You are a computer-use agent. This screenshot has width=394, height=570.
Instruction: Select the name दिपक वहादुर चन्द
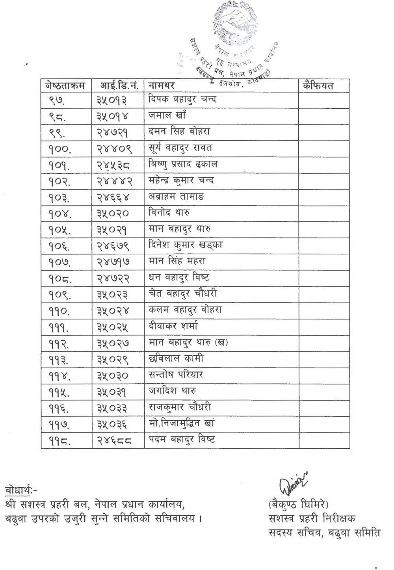click(182, 99)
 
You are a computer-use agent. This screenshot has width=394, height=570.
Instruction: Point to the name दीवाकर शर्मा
click(173, 326)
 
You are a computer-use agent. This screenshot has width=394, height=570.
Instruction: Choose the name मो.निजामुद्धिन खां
click(182, 424)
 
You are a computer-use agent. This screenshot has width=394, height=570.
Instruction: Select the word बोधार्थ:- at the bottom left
click(22, 491)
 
